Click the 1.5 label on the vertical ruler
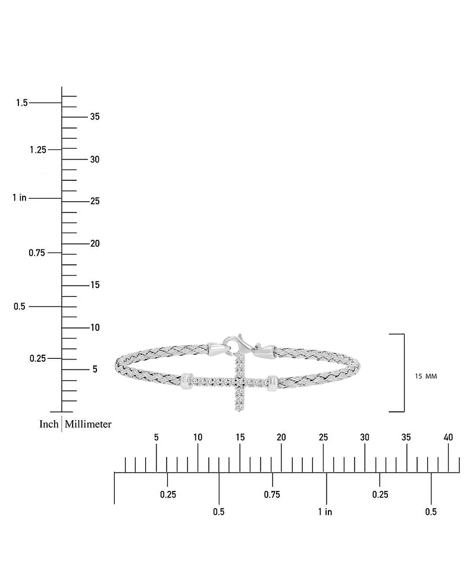(x=22, y=102)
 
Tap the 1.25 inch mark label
(x=38, y=149)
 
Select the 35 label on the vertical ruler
(x=95, y=117)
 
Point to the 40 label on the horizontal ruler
(x=448, y=437)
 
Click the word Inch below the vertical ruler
(x=49, y=424)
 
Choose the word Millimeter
(x=88, y=424)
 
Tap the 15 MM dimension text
(x=426, y=376)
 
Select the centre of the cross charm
(x=240, y=381)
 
